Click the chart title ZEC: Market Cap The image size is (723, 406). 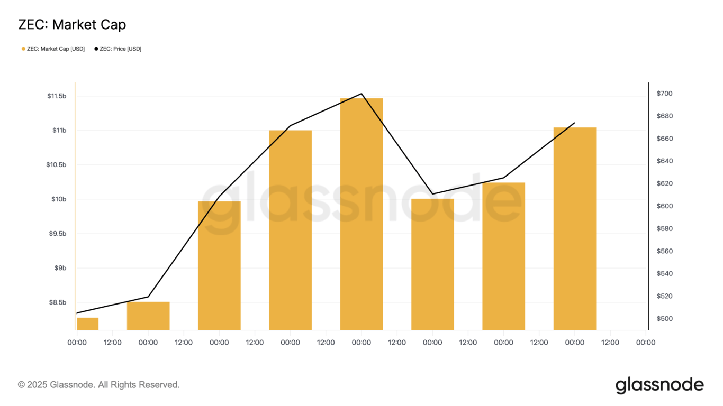[x=72, y=24]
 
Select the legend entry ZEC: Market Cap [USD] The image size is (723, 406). [x=55, y=49]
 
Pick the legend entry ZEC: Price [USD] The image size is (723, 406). [x=120, y=49]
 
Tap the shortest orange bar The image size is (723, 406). [x=87, y=324]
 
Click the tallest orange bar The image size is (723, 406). [x=361, y=214]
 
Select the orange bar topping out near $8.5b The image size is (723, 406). [x=148, y=316]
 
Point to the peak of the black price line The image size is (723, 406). [x=361, y=94]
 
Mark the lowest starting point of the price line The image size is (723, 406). [x=77, y=313]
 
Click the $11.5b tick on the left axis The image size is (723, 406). [x=57, y=96]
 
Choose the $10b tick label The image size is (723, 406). [x=59, y=199]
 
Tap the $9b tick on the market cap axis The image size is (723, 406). [x=60, y=268]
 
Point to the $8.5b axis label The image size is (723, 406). [x=58, y=302]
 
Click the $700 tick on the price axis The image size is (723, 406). [x=664, y=94]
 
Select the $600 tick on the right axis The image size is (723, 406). [x=664, y=206]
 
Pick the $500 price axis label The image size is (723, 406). [x=664, y=319]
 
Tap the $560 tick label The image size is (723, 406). [x=664, y=251]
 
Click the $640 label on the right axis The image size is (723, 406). [x=664, y=161]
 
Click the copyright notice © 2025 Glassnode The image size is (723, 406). [x=99, y=385]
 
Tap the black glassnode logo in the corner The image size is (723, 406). [x=659, y=385]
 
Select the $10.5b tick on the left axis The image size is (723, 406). [x=57, y=165]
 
